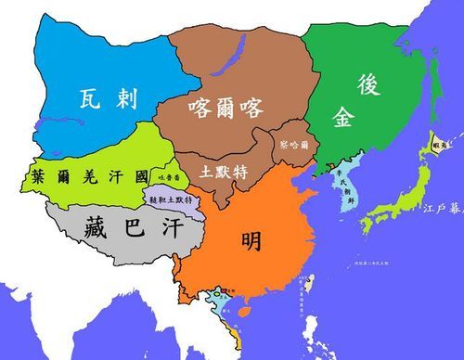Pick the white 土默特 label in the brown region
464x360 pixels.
coord(223,172)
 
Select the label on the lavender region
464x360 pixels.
coord(171,199)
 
